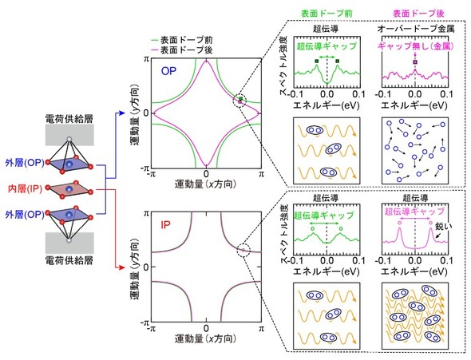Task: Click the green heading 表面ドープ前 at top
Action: pyautogui.click(x=327, y=14)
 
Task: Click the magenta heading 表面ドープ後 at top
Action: pyautogui.click(x=418, y=14)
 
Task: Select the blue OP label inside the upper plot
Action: pyautogui.click(x=168, y=71)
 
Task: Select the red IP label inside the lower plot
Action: pyautogui.click(x=165, y=225)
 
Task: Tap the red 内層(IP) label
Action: pyautogui.click(x=25, y=189)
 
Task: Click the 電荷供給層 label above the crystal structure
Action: pyautogui.click(x=69, y=118)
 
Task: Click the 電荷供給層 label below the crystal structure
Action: pyautogui.click(x=69, y=260)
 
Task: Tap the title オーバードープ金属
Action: pyautogui.click(x=416, y=29)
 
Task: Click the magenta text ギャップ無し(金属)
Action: pyautogui.click(x=415, y=46)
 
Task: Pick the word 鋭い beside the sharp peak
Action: pyautogui.click(x=444, y=226)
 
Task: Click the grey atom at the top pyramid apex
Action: pyautogui.click(x=69, y=139)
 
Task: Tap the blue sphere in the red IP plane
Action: pyautogui.click(x=69, y=189)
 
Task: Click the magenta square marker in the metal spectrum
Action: pyautogui.click(x=415, y=61)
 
